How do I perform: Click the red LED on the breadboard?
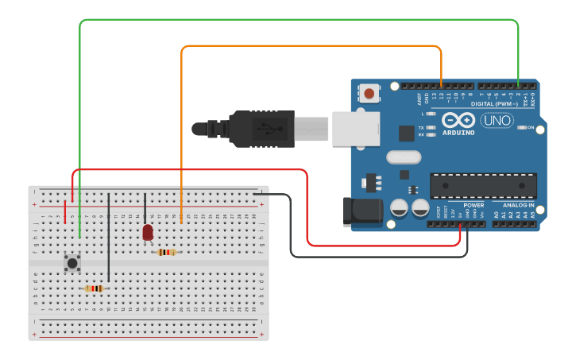point(148,232)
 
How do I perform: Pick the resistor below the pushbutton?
point(95,288)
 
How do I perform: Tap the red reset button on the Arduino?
point(369,94)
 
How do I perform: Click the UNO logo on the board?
point(497,121)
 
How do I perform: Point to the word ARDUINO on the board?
point(459,133)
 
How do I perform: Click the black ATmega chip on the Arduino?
point(483,185)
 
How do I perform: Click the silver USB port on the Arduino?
point(355,129)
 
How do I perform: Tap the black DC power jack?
point(361,211)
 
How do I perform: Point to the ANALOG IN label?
point(517,205)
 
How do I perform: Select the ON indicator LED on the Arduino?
point(522,127)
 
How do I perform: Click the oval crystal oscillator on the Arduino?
point(404,157)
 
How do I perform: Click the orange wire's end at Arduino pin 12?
point(441,85)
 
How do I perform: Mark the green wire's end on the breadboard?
point(80,236)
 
